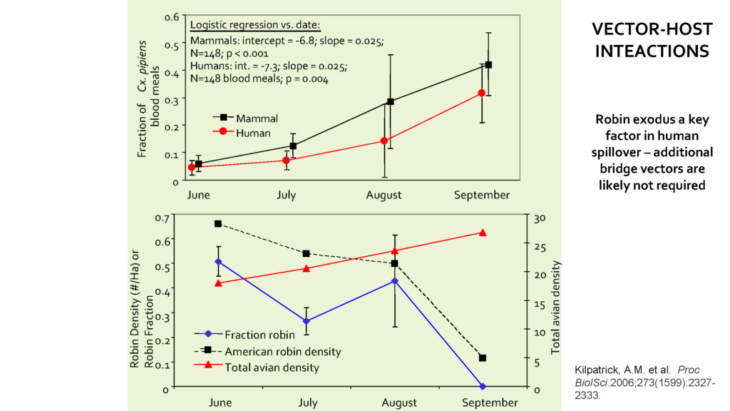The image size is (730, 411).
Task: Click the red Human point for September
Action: pos(482,93)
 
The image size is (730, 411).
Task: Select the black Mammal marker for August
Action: pos(391,101)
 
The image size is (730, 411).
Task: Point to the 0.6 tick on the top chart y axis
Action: pos(171,16)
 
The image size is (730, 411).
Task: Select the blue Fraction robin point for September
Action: pos(483,387)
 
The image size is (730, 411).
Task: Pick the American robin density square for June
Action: pos(218,223)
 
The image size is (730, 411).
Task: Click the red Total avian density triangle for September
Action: pos(483,233)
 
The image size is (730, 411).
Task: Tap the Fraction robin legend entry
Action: pos(254,334)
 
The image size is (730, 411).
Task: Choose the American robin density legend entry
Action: pos(282,351)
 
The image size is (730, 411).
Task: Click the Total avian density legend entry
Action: pos(271,367)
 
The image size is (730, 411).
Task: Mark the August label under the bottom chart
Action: pos(399,403)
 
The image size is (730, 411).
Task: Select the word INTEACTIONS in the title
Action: pos(652,51)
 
